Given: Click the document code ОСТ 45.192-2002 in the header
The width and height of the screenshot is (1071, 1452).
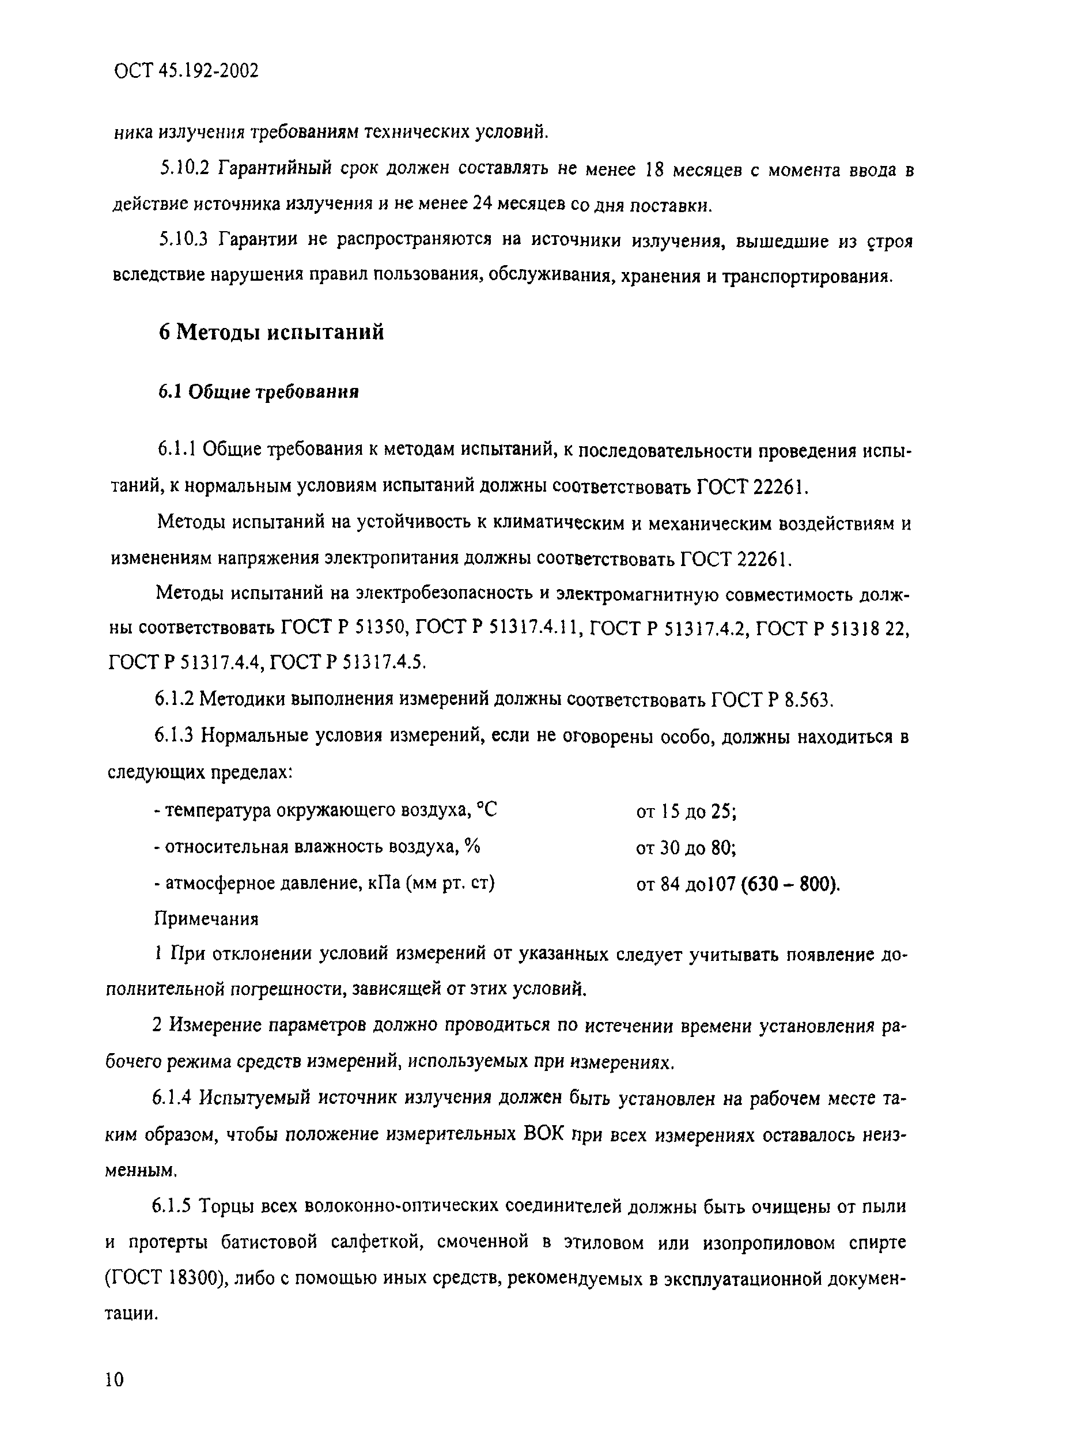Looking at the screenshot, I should pos(186,71).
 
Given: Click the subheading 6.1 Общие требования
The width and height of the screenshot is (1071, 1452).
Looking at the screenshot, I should pos(258,393).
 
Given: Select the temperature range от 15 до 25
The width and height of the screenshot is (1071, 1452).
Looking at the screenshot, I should pos(686,811).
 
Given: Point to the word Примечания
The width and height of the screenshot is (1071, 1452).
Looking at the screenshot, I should pos(206,919).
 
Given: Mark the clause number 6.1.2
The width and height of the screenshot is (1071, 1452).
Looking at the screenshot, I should pos(174,699).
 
